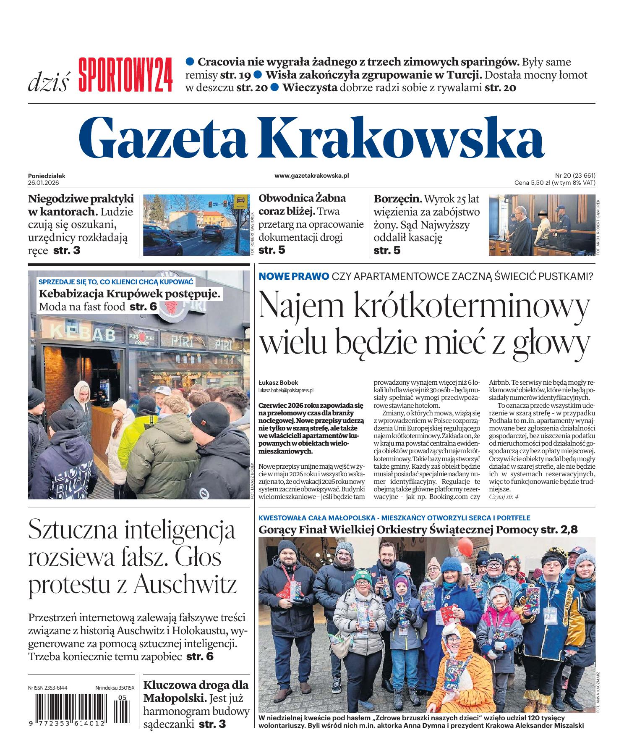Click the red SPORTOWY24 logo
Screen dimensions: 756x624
125,76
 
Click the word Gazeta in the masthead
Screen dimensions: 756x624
168,135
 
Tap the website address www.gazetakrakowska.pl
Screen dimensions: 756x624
312,176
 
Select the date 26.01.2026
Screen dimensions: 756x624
44,183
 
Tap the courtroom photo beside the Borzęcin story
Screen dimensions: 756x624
541,225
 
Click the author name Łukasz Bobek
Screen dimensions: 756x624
278,383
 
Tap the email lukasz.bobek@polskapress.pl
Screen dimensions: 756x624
286,390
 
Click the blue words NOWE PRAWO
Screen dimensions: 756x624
294,276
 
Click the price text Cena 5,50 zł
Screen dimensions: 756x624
532,183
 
